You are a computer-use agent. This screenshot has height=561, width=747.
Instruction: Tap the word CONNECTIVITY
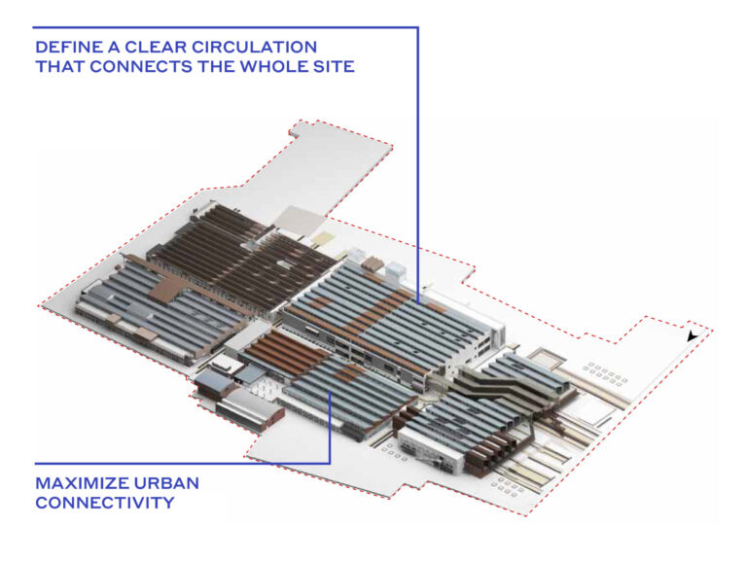tap(105, 503)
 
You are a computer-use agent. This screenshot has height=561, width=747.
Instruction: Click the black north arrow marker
tap(692, 336)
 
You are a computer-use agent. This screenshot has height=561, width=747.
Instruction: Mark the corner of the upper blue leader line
tap(417, 28)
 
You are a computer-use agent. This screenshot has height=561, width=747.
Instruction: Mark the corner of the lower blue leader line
tap(331, 462)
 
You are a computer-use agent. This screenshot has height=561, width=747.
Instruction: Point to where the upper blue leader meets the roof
tap(417, 301)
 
